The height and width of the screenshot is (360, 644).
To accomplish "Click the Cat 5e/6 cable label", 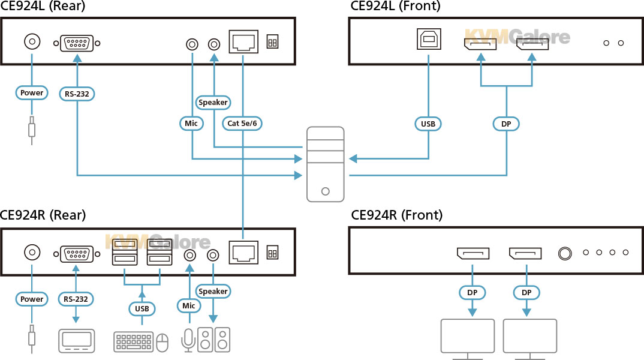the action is (x=242, y=123).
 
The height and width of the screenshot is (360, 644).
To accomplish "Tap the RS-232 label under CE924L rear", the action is (x=77, y=94).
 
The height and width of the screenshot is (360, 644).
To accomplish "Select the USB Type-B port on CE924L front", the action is (x=429, y=39).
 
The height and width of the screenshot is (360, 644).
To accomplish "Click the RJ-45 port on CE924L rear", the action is (x=243, y=41).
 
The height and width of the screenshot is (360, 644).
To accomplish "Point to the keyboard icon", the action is (x=134, y=341).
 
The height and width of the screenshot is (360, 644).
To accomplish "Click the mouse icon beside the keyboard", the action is (x=162, y=343).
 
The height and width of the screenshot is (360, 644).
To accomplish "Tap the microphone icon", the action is (x=188, y=340).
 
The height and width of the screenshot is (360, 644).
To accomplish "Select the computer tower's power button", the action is (x=325, y=191).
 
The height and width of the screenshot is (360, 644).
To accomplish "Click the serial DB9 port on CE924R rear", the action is (x=77, y=254).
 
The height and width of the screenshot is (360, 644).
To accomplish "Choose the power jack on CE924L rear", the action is (x=32, y=41).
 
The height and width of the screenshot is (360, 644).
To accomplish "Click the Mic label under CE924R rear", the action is (x=189, y=306).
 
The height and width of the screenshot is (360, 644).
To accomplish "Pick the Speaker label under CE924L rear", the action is (x=213, y=103).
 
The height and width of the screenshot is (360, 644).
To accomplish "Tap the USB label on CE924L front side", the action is (x=428, y=124).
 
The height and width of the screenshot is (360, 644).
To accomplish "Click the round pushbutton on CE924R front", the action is (x=565, y=253).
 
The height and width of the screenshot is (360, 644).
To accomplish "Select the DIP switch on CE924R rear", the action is (x=272, y=253).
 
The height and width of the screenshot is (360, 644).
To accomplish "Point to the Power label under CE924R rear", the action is (x=32, y=299).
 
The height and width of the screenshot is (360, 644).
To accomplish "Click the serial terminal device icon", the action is (x=76, y=341).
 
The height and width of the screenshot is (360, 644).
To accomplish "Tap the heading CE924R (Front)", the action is (x=397, y=215).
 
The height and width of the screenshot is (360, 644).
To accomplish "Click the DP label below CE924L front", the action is (x=506, y=124).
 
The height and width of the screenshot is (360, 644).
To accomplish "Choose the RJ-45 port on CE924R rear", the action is (x=243, y=253).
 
